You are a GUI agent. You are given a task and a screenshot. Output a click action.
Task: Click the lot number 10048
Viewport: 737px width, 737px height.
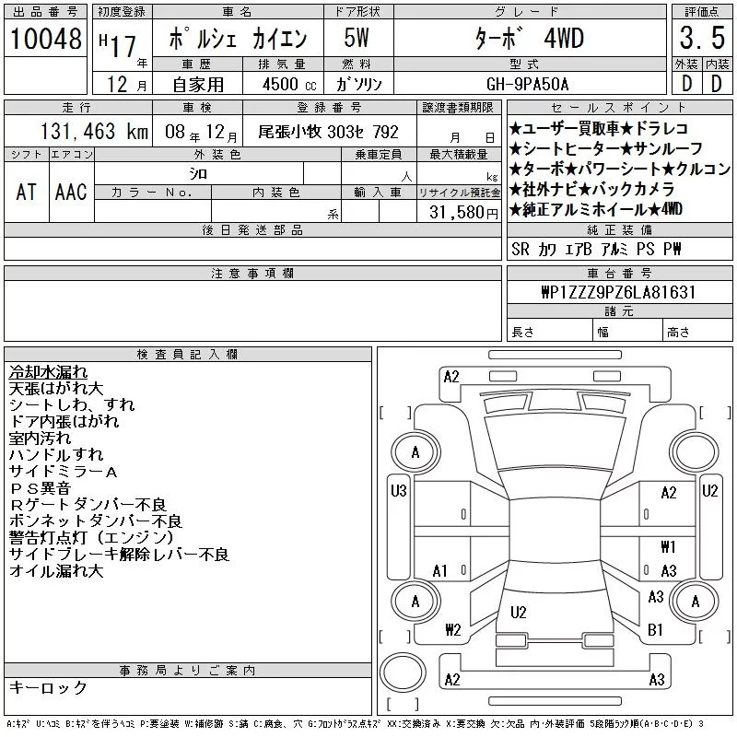coord(45,38)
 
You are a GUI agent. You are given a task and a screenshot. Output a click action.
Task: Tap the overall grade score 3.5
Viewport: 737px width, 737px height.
coord(702,38)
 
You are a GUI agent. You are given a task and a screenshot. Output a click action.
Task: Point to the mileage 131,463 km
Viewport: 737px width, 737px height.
coord(94,132)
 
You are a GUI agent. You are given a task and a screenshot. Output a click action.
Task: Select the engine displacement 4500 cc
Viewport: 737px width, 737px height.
coord(289,85)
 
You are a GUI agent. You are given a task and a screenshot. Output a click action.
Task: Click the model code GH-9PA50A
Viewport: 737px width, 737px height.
coord(527,85)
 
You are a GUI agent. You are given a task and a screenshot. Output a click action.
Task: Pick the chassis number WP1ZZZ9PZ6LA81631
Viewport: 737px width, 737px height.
coord(618,292)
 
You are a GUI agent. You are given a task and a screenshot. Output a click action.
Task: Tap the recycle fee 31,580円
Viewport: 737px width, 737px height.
coord(463,213)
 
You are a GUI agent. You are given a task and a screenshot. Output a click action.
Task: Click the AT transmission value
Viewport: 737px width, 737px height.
coord(27,193)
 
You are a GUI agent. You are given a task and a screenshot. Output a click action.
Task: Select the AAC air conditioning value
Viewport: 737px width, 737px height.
coord(71,193)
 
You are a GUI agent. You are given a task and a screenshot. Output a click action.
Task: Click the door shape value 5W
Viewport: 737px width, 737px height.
coord(357,38)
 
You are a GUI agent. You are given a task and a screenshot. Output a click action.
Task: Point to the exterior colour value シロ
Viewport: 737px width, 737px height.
coord(198,174)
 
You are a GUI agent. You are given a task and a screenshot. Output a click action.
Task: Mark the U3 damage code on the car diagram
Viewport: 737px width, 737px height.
coord(399,491)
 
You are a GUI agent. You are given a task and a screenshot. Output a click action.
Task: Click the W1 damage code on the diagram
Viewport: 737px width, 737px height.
coord(668,546)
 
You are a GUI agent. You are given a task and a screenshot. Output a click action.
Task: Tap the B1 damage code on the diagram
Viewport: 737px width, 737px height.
coord(655,629)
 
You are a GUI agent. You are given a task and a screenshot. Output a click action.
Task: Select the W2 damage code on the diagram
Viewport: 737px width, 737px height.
coord(453,629)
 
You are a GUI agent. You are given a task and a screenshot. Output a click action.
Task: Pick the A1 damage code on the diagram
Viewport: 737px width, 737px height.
coord(440,571)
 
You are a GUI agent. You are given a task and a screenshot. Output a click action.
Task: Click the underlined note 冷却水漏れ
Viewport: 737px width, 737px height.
coord(48,372)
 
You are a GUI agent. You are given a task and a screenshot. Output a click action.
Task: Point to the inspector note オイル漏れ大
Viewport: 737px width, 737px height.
coord(56,571)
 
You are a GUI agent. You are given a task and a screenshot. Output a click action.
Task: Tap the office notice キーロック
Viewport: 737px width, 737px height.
coord(48,687)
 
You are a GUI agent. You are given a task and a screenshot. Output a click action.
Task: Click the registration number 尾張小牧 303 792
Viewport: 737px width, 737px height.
coord(328,132)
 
